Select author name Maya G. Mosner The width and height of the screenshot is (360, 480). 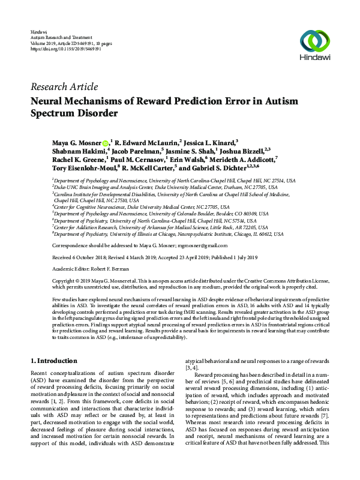pos(76,142)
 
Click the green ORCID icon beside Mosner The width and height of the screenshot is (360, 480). pos(106,143)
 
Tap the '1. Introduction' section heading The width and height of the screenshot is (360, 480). pos(53,361)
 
